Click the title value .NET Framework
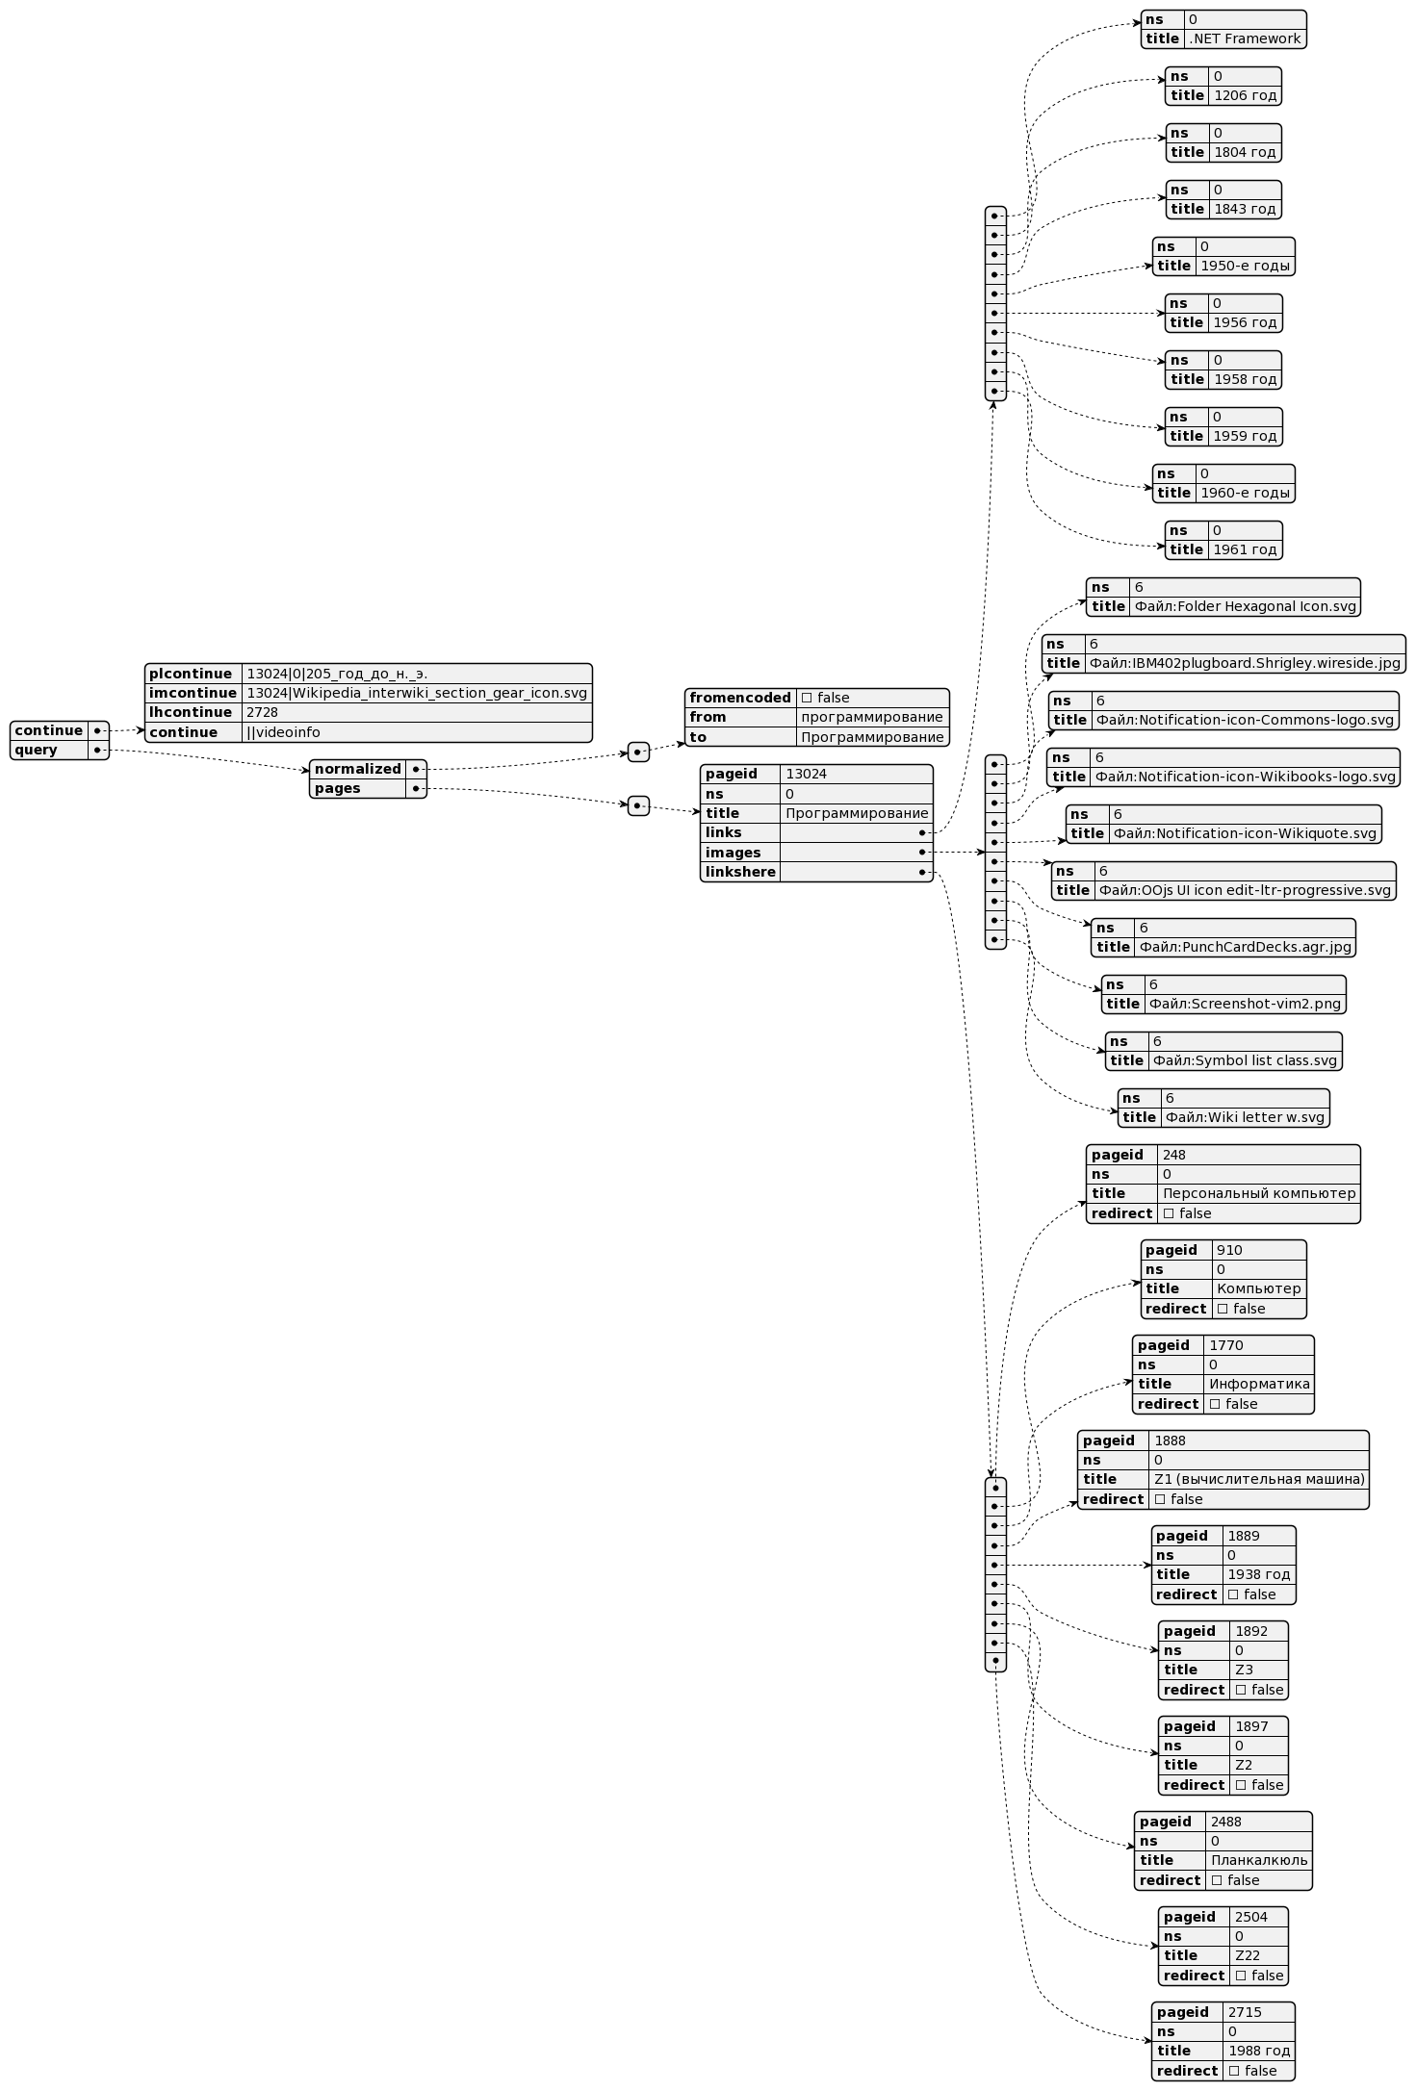[1245, 39]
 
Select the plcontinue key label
[191, 674]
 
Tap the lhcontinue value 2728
[262, 712]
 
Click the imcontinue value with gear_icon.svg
[416, 693]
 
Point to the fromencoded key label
[739, 698]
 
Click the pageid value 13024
[806, 774]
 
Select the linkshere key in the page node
[739, 872]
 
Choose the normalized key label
[357, 769]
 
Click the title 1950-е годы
[1245, 267]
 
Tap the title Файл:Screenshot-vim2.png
[1245, 1004]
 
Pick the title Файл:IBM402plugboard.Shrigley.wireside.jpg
[1245, 663]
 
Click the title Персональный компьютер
[1259, 1193]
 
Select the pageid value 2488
[1225, 1822]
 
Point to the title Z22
[1247, 1955]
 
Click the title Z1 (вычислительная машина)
[1259, 1479]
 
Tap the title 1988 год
[1258, 2051]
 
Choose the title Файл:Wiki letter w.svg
[1245, 1117]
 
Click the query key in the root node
[37, 750]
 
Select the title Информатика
[1259, 1384]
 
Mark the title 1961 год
[1245, 550]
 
